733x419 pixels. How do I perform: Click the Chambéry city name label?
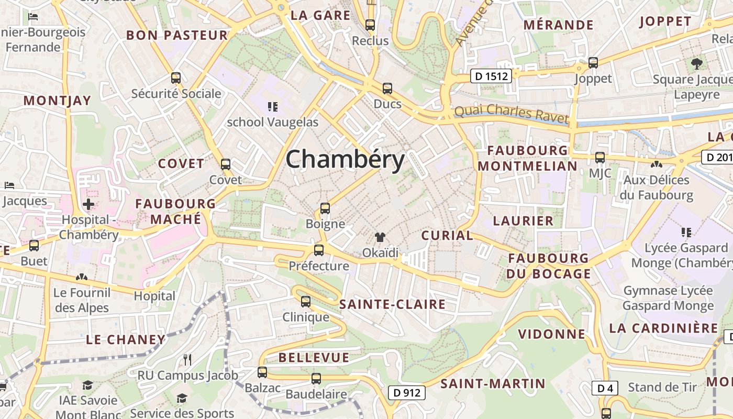[x=346, y=159]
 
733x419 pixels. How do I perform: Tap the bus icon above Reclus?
[x=370, y=25]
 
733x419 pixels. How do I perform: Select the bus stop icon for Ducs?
[x=387, y=89]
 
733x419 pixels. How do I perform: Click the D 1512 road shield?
[x=491, y=76]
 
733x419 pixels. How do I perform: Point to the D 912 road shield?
[x=407, y=392]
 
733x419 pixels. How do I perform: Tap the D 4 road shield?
[x=605, y=388]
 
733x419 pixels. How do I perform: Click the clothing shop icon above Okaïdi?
[x=380, y=238]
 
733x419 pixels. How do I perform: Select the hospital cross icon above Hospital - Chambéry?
[x=88, y=204]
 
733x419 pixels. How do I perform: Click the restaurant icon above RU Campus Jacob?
[x=187, y=359]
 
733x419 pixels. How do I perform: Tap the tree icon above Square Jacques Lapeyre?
[x=696, y=64]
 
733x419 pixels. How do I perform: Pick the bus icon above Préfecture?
[x=319, y=250]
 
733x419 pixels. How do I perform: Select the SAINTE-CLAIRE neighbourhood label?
[x=392, y=304]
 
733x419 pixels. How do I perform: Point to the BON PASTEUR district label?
[x=177, y=36]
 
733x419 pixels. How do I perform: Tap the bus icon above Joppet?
[x=593, y=63]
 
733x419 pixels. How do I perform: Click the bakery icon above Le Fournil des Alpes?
[x=81, y=277]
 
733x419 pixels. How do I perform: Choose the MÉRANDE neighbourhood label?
[x=558, y=25]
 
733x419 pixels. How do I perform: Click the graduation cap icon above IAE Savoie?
[x=87, y=385]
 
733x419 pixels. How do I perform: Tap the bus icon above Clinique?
[x=306, y=302]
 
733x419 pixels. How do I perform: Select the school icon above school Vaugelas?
[x=272, y=107]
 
